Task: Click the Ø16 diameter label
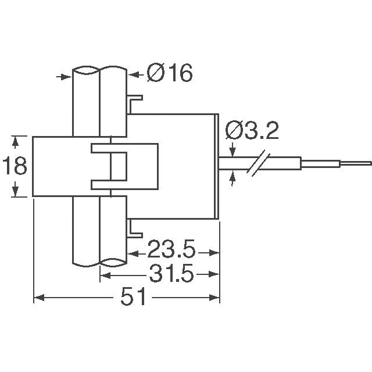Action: tap(169, 74)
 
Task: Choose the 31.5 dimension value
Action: tap(170, 273)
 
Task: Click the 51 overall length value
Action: tap(133, 298)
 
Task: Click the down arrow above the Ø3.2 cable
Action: tap(233, 151)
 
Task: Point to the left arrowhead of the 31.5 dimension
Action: tap(105, 273)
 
